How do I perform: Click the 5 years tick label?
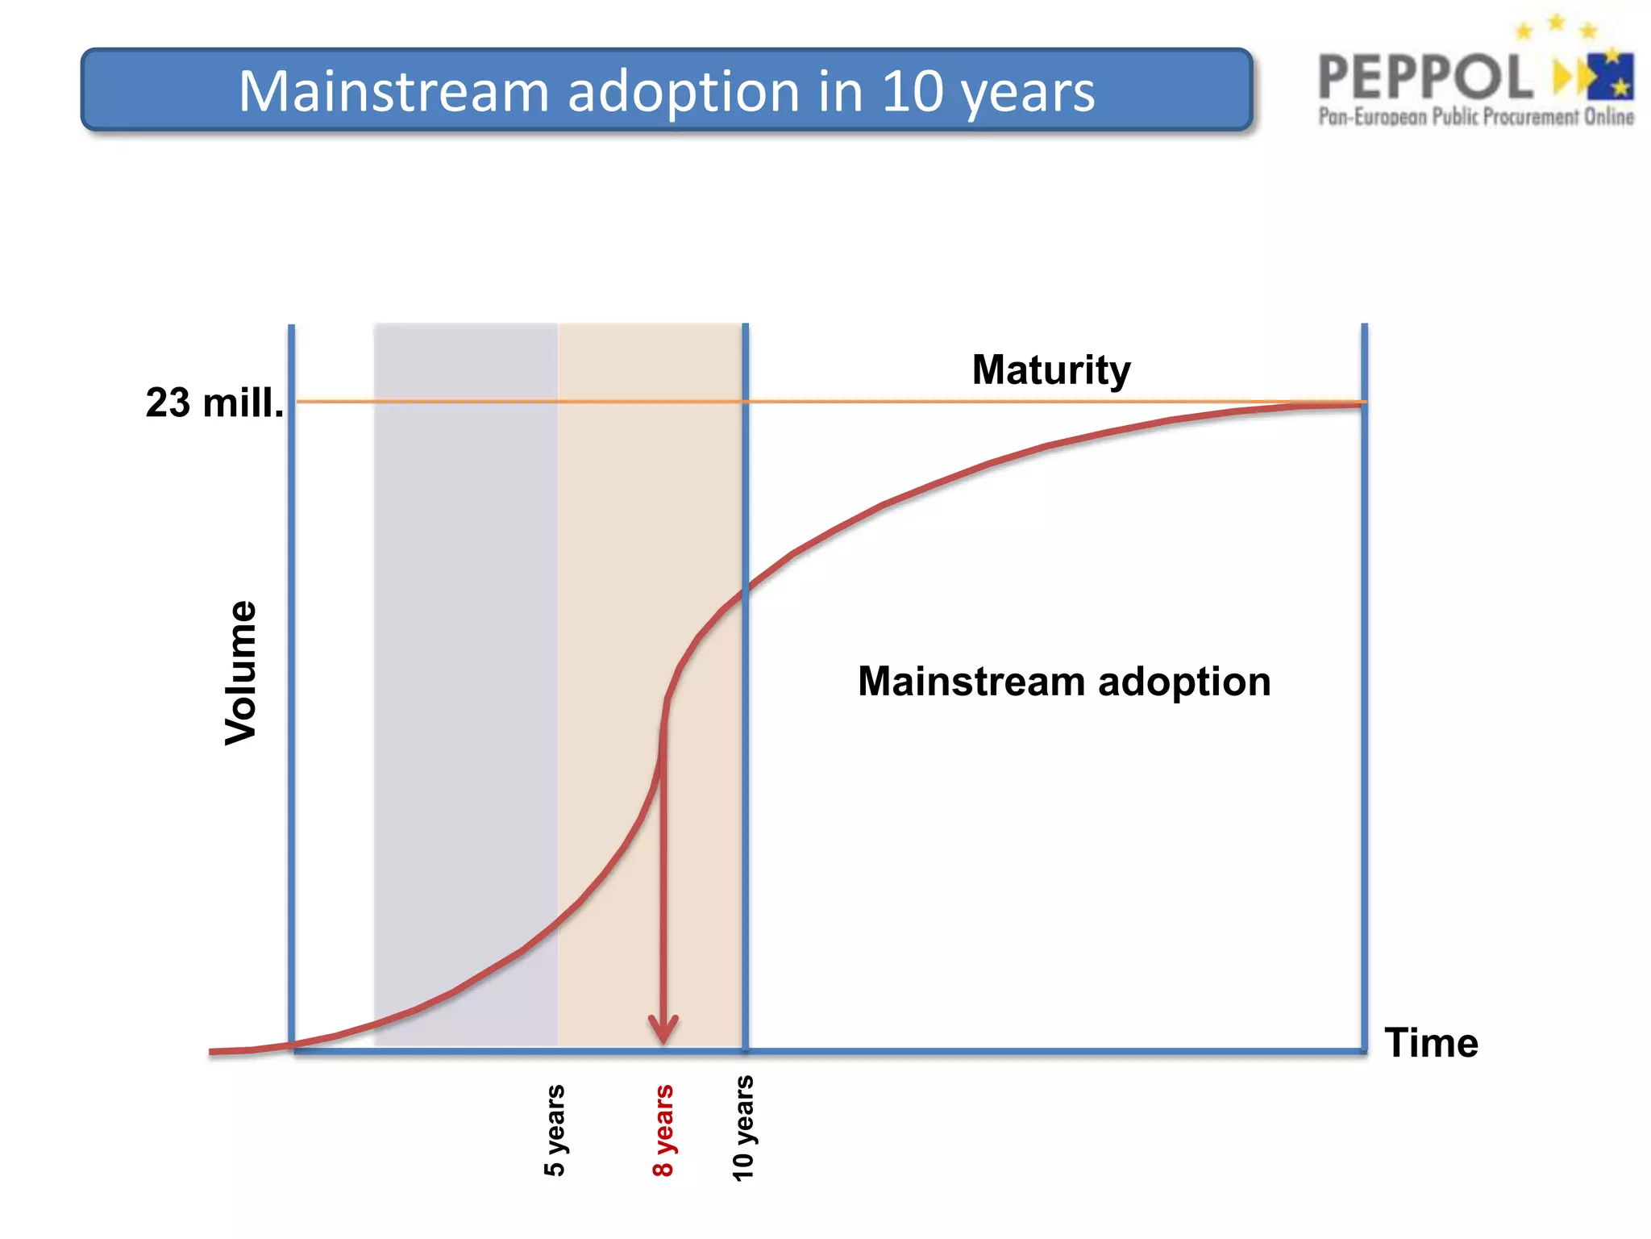(x=555, y=1130)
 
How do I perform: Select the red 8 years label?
(x=663, y=1130)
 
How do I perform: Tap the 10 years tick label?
(x=742, y=1128)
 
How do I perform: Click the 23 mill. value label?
(x=214, y=403)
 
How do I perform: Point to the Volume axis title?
(x=240, y=673)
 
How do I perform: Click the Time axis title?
(x=1431, y=1042)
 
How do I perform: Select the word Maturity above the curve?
(x=1051, y=370)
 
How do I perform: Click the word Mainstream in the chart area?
(x=971, y=682)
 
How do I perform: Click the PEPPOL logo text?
(x=1425, y=77)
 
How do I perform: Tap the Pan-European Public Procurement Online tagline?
(x=1475, y=118)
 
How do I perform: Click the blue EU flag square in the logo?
(x=1611, y=76)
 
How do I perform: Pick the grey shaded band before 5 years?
(x=466, y=645)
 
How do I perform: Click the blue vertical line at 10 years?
(x=746, y=807)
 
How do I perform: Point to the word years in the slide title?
(x=1027, y=92)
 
